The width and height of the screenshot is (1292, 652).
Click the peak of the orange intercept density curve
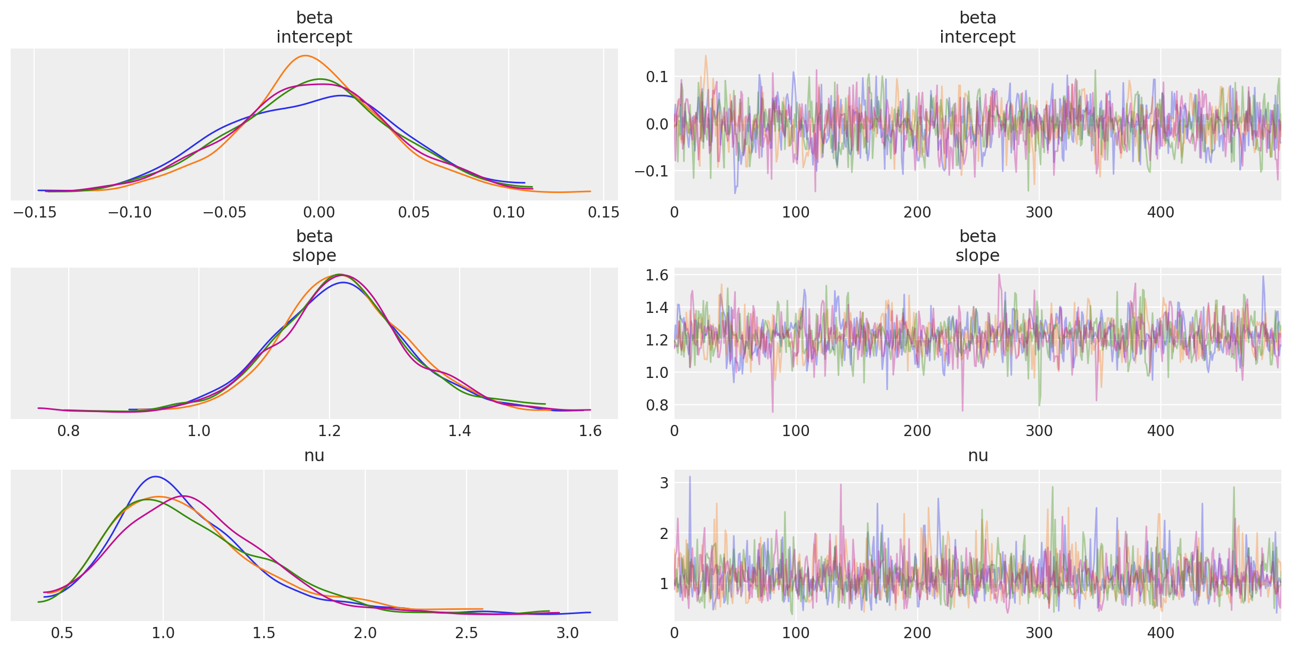[x=305, y=56]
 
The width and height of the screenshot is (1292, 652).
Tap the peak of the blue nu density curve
[x=155, y=477]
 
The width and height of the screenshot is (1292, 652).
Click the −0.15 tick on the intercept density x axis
[x=34, y=213]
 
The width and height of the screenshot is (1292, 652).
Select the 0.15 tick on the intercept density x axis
[x=603, y=213]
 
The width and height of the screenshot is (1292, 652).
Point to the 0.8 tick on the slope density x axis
[x=68, y=431]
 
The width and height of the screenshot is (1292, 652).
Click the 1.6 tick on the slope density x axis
[x=590, y=431]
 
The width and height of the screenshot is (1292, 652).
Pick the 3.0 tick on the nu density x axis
[x=568, y=633]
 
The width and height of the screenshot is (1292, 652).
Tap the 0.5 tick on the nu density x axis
[x=62, y=633]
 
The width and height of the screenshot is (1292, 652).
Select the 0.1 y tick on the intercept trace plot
[x=657, y=77]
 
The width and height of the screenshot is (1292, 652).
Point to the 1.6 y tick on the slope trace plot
[x=657, y=275]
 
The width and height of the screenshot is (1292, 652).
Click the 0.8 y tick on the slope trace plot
[x=657, y=405]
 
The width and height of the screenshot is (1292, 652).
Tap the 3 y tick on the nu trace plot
[x=664, y=483]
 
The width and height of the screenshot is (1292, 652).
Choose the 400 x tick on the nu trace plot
[x=1161, y=633]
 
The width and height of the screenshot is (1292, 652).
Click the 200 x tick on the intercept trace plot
[x=918, y=213]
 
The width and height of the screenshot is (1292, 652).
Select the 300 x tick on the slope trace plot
[x=1039, y=431]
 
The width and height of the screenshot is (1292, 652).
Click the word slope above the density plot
[x=314, y=255]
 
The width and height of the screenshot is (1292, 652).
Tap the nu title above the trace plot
[x=977, y=455]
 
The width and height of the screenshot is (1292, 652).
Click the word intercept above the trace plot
[x=977, y=37]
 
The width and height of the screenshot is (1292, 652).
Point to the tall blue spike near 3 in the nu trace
[x=689, y=477]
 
